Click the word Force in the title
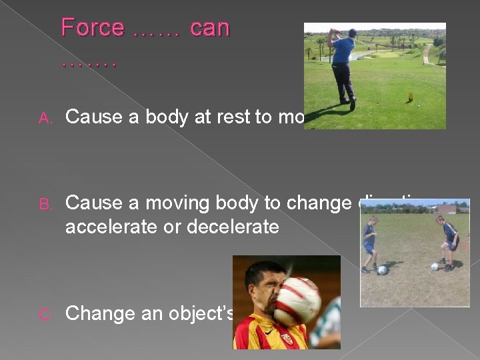click(93, 28)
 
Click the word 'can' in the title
click(210, 28)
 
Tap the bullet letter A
click(45, 118)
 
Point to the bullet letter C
click(45, 314)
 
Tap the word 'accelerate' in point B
click(116, 227)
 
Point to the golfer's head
click(352, 33)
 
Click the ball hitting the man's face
click(298, 301)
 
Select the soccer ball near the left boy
click(382, 270)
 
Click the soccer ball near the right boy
click(435, 266)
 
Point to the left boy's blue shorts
click(369, 247)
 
